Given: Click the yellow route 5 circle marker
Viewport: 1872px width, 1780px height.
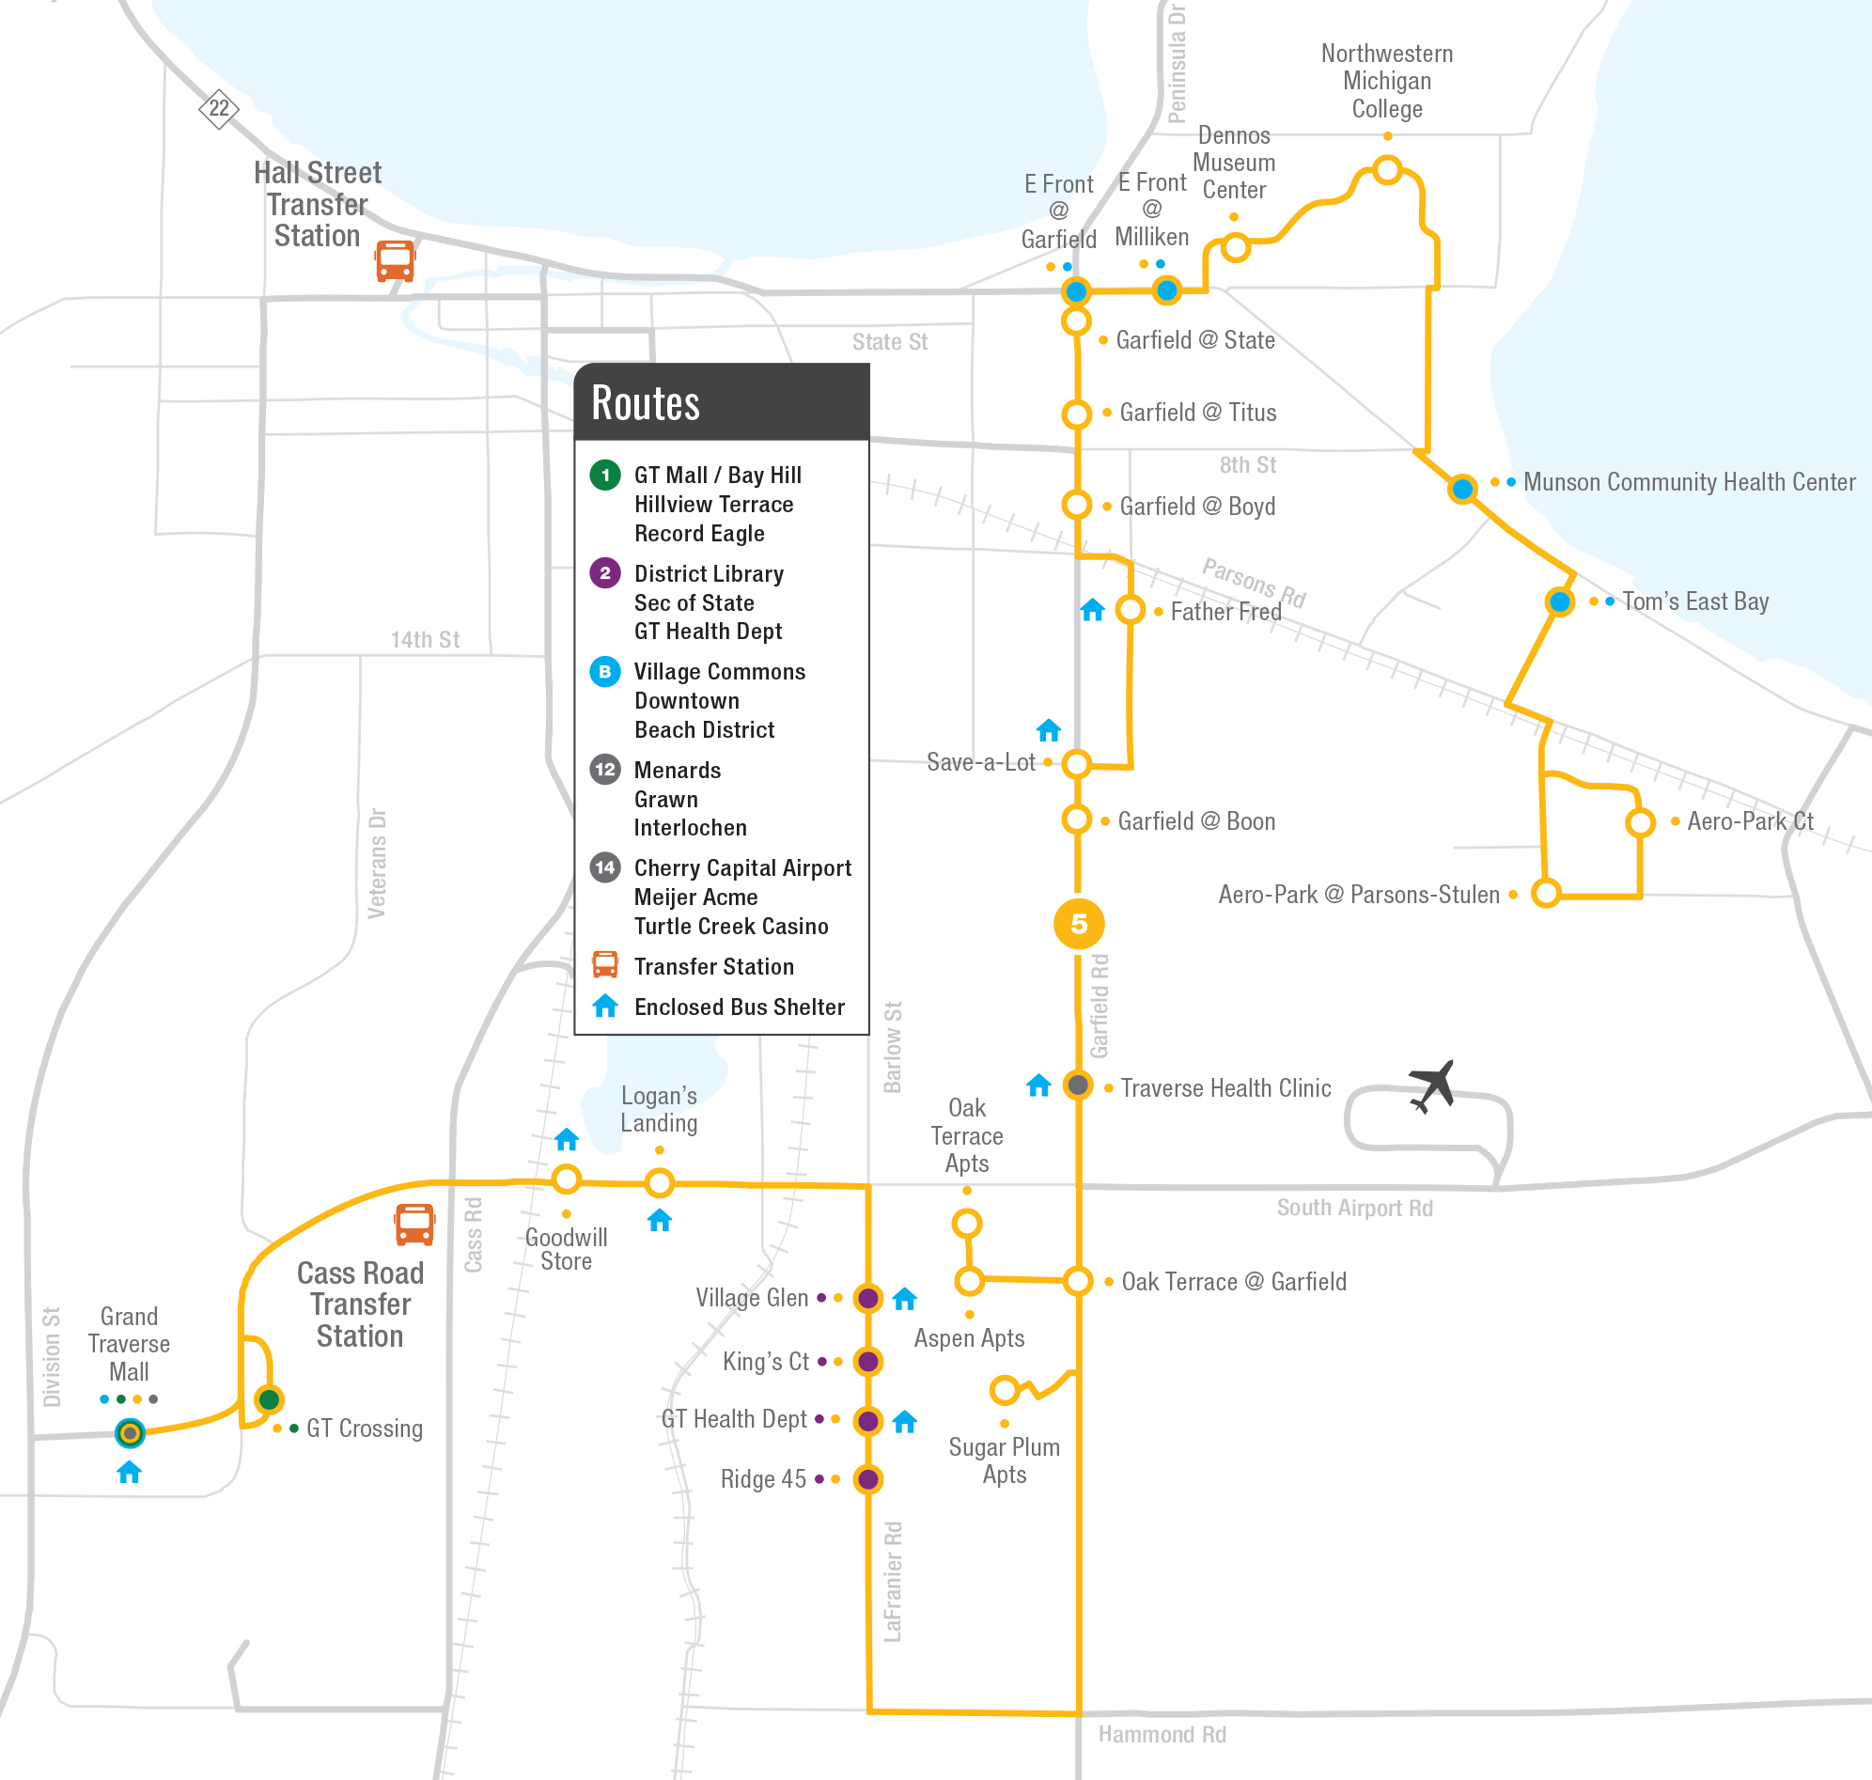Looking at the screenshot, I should click(x=1079, y=923).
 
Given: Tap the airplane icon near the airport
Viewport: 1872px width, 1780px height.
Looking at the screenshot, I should click(x=1433, y=1085).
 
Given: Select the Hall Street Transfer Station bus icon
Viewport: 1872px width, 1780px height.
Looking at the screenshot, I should click(x=395, y=260).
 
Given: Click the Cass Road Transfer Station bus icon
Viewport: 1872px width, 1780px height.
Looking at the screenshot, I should click(x=414, y=1224).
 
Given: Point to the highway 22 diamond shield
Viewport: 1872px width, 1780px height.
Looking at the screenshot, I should click(x=218, y=108).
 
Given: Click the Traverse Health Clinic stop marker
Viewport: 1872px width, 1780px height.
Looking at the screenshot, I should click(x=1078, y=1085).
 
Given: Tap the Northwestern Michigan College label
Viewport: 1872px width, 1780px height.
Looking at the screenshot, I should click(x=1386, y=81).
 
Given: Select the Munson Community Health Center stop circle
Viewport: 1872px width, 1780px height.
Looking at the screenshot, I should click(x=1462, y=489).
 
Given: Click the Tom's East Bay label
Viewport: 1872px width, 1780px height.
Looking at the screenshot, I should click(x=1694, y=601).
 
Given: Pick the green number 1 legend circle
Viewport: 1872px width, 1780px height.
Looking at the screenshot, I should click(x=605, y=475).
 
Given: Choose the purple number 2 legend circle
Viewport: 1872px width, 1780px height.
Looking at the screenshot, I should click(x=605, y=573).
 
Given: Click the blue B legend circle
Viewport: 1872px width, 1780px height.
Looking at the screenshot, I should click(x=605, y=671).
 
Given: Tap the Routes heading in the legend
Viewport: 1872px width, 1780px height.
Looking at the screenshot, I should click(x=646, y=402).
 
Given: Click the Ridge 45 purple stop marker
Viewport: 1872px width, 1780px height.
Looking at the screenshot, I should click(x=867, y=1478).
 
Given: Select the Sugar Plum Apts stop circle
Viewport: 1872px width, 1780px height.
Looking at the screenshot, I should click(x=1004, y=1391).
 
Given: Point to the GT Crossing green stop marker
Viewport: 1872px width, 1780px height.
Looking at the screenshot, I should click(x=270, y=1398).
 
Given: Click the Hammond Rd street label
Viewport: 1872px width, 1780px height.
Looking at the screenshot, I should click(x=1162, y=1735).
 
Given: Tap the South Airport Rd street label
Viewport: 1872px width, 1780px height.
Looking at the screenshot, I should click(x=1354, y=1208).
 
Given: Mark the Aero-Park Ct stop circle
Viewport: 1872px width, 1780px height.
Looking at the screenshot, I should click(x=1640, y=822).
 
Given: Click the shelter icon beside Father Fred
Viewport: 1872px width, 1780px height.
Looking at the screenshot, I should click(x=1092, y=610).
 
